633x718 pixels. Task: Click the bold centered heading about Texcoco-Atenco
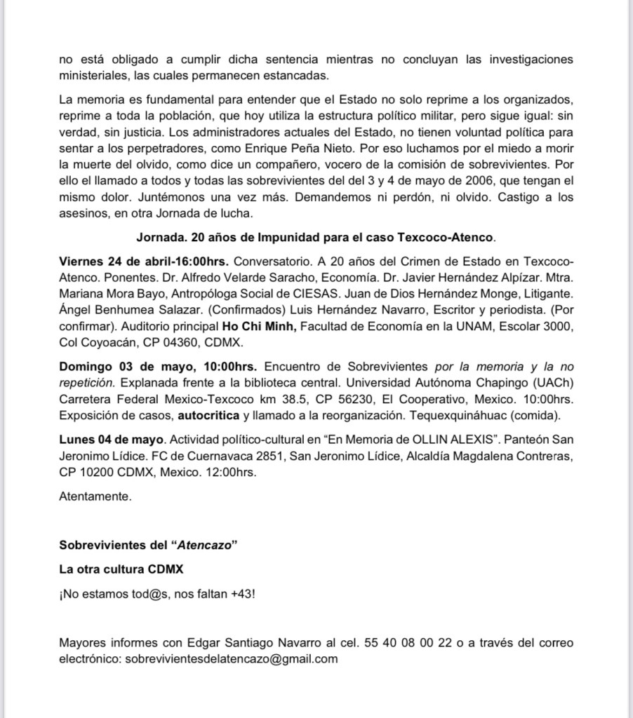point(316,238)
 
